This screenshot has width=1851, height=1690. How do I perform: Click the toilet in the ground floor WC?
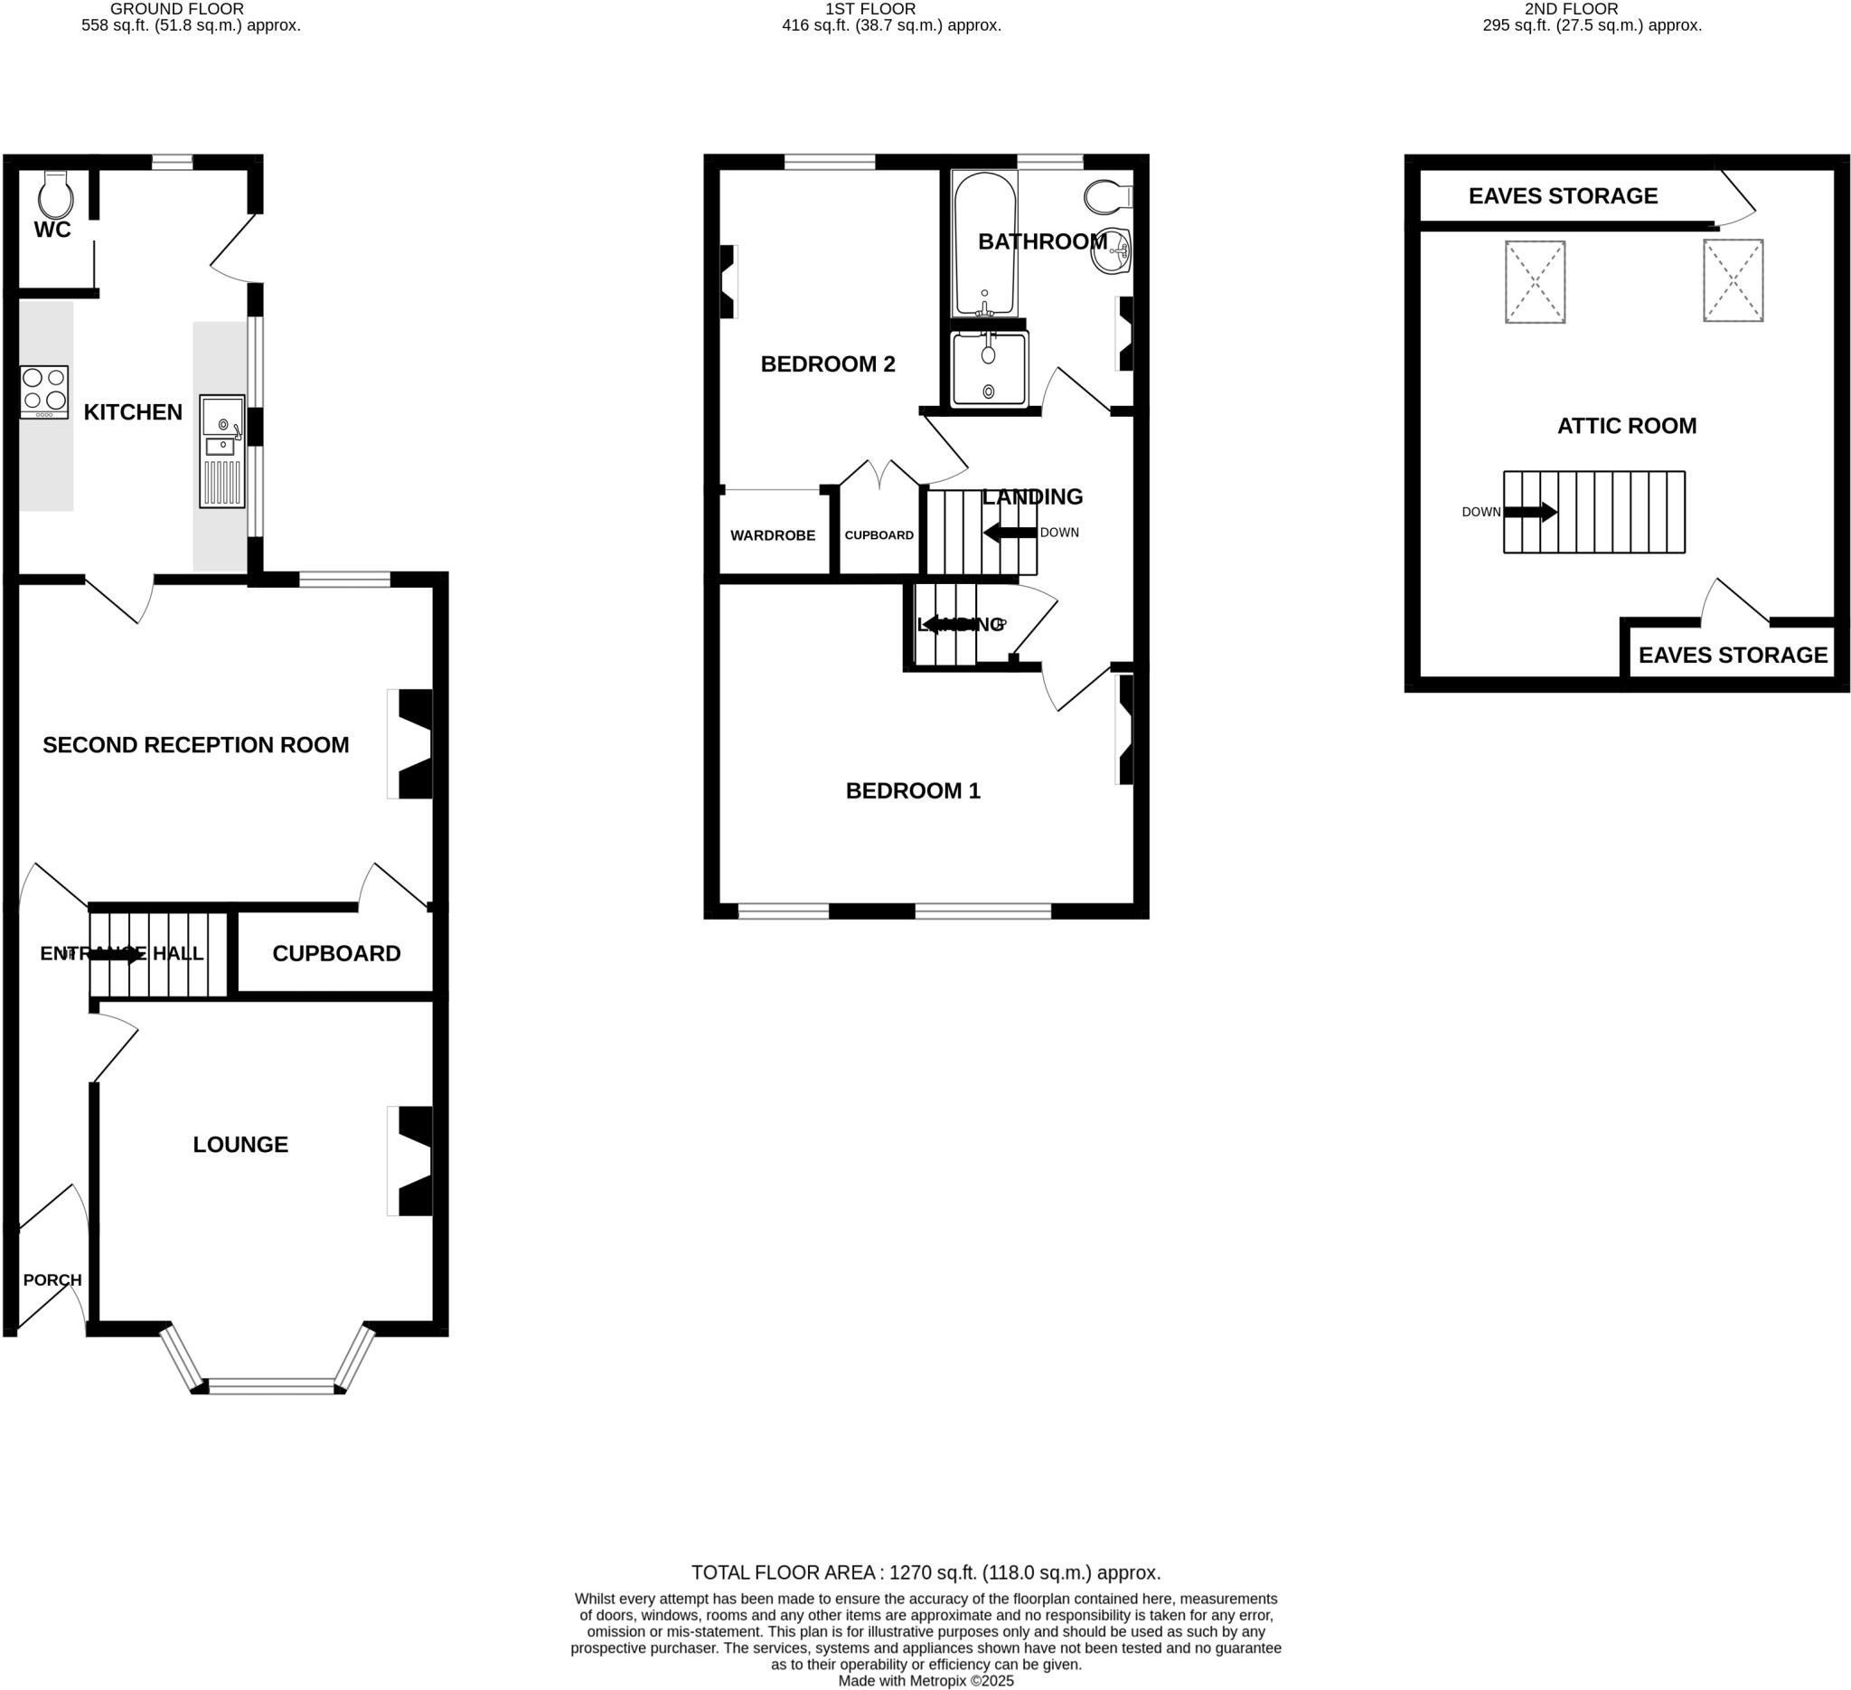(56, 194)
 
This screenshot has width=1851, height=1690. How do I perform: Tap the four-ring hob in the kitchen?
(44, 392)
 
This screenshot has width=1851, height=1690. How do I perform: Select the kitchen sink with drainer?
(222, 451)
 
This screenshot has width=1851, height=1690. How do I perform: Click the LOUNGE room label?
(240, 1144)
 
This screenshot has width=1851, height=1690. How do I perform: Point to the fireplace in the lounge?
(412, 1161)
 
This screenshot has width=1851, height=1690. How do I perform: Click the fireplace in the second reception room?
(412, 744)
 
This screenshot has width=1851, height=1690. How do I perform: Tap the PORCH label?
(52, 1279)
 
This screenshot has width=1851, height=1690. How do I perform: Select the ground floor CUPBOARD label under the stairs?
(336, 953)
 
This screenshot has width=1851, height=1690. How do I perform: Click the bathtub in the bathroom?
(984, 243)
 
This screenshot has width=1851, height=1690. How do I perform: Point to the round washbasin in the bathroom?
(1112, 250)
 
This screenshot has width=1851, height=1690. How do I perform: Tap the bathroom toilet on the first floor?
(1107, 195)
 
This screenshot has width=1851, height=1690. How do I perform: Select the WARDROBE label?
(772, 535)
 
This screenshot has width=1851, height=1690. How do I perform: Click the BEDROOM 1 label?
(913, 790)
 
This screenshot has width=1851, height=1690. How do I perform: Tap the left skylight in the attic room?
(1535, 282)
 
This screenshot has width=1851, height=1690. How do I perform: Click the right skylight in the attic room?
(1733, 280)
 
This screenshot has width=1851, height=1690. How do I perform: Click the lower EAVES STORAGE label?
(1733, 655)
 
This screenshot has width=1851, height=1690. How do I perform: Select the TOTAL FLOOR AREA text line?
(925, 1572)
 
